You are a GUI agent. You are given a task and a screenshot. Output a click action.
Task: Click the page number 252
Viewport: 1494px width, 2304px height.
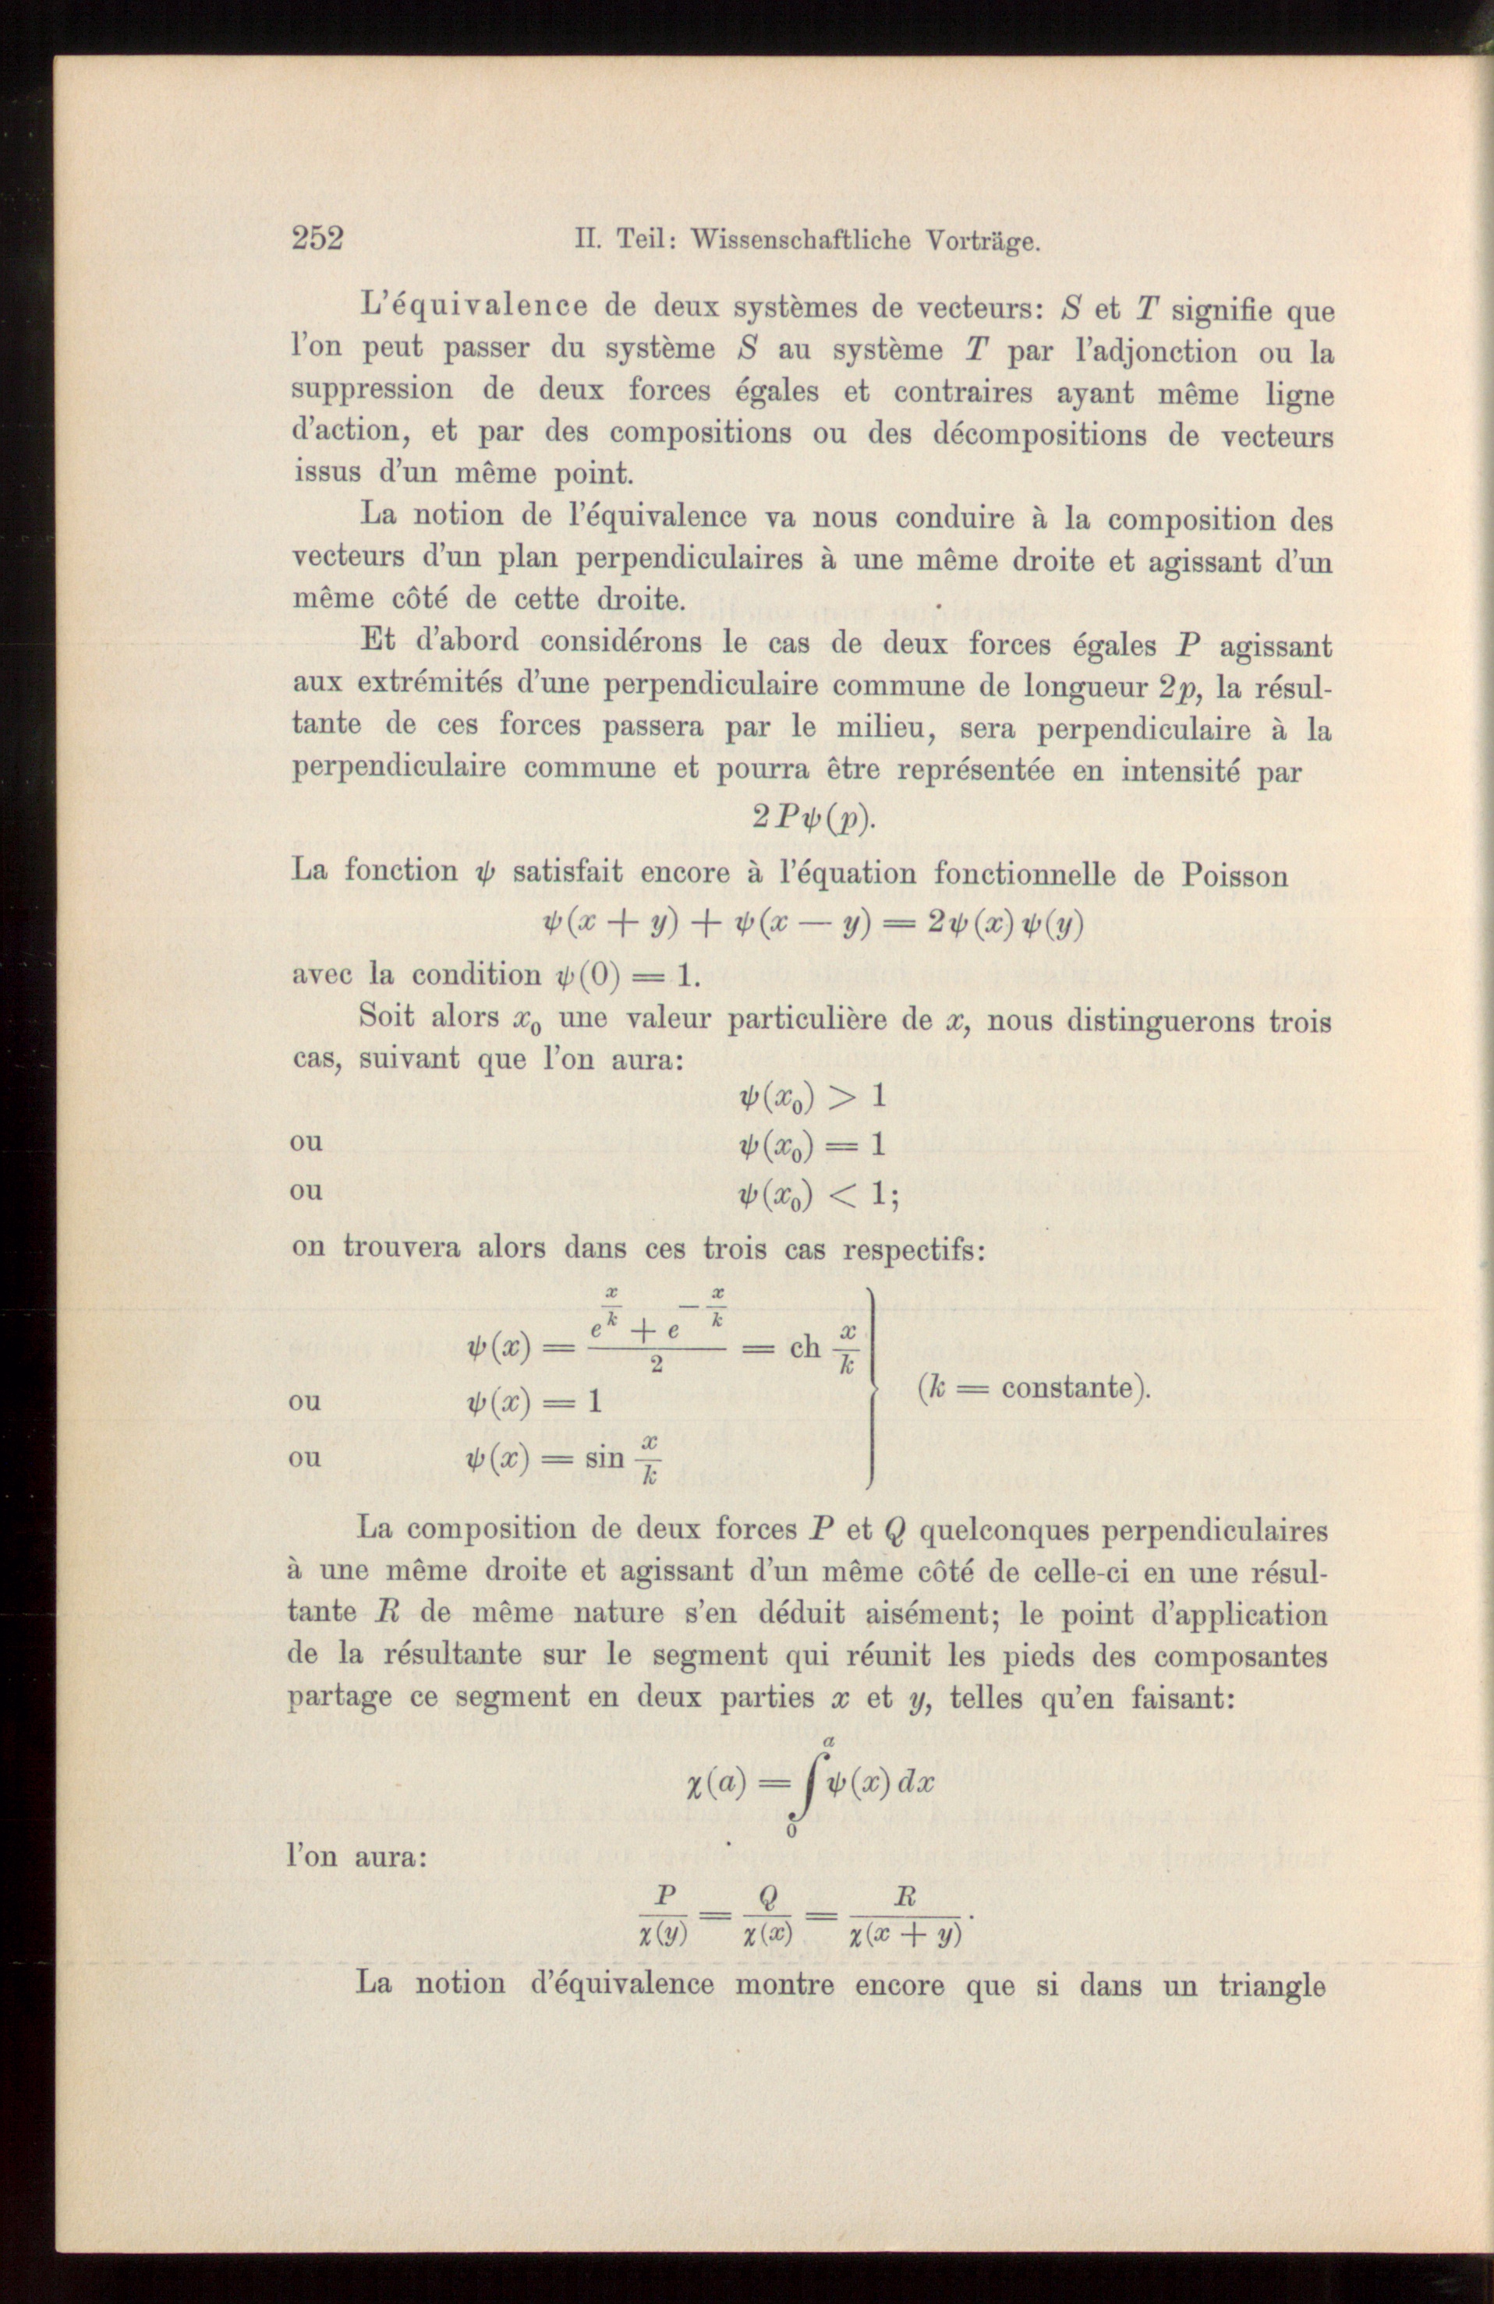click(x=317, y=239)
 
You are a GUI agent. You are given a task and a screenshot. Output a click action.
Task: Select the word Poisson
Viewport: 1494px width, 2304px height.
click(x=1234, y=875)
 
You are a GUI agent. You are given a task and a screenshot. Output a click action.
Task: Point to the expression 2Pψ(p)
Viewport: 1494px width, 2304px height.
click(x=813, y=819)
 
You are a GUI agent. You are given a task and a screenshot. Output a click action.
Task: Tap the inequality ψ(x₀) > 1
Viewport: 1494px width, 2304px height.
click(x=812, y=1097)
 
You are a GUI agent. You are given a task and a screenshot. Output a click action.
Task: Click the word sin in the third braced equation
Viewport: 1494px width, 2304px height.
click(x=605, y=1459)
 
